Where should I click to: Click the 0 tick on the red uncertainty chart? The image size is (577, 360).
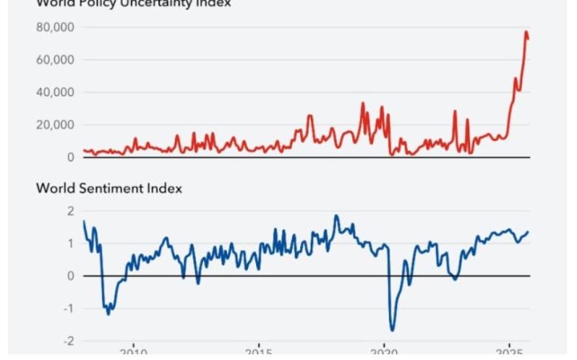tap(70, 157)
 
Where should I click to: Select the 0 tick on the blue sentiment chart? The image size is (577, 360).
tap(70, 275)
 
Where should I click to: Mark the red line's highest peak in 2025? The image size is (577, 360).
tap(526, 32)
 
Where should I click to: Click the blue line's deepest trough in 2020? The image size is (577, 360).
tap(392, 330)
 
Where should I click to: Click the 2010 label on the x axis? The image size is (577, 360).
tap(133, 354)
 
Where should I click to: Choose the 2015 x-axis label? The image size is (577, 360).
tap(259, 354)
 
